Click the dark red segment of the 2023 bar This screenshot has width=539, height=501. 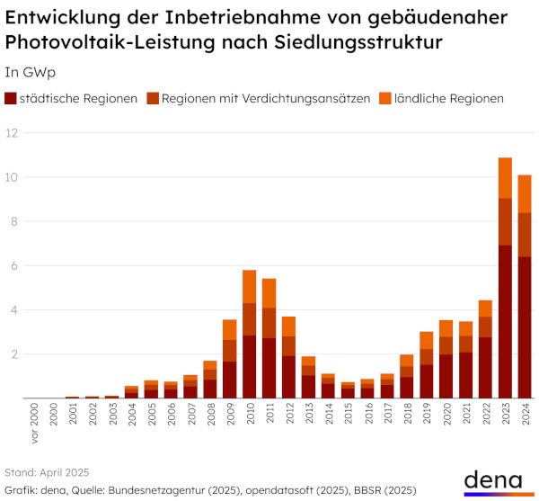tap(505, 321)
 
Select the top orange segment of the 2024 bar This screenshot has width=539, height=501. tap(525, 193)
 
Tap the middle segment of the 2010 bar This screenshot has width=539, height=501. tap(249, 319)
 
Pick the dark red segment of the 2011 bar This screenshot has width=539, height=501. tap(269, 368)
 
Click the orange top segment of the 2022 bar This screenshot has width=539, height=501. tap(485, 309)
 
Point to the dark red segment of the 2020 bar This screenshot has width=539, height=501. tap(446, 376)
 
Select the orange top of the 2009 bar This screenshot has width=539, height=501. tap(229, 329)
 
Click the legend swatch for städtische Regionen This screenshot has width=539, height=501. tap(11, 99)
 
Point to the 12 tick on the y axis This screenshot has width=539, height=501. tap(12, 133)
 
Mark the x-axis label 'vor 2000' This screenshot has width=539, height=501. tap(32, 422)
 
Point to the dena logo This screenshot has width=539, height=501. tap(497, 481)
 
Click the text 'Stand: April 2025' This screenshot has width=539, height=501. tap(47, 471)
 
